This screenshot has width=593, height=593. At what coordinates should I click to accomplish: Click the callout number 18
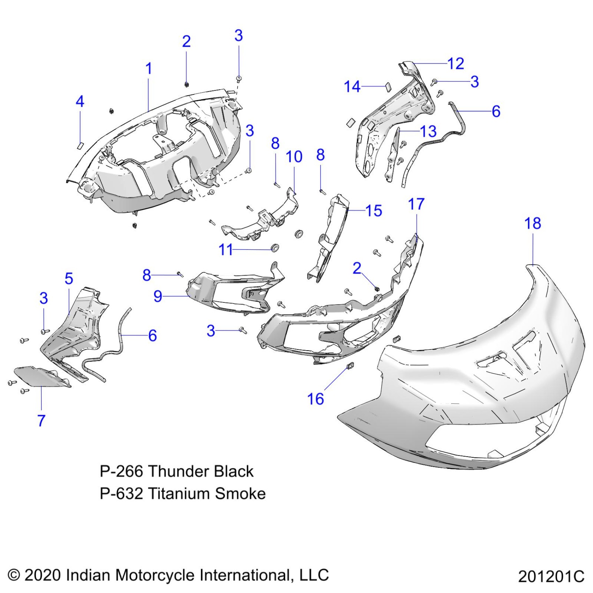click(532, 224)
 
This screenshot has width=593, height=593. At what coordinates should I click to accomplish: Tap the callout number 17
click(416, 204)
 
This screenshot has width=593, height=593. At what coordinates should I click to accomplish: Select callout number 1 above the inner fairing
click(149, 68)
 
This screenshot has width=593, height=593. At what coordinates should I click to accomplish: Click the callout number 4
click(80, 102)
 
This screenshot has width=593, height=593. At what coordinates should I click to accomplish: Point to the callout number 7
click(41, 420)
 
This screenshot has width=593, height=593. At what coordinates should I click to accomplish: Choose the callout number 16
click(315, 399)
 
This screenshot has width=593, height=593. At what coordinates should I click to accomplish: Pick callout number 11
click(225, 250)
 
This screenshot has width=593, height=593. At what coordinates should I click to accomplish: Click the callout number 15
click(374, 211)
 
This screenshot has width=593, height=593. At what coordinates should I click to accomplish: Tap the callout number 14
click(352, 87)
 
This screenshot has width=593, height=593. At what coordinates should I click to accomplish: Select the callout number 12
click(456, 64)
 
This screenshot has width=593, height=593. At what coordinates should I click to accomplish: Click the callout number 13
click(428, 132)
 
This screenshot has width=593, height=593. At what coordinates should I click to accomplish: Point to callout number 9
click(158, 296)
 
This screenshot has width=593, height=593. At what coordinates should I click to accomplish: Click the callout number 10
click(294, 157)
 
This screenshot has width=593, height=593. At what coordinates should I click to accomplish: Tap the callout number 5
click(69, 279)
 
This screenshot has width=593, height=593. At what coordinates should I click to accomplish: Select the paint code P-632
click(121, 494)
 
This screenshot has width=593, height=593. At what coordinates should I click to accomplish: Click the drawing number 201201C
click(551, 577)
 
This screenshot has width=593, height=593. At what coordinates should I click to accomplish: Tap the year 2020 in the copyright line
click(43, 575)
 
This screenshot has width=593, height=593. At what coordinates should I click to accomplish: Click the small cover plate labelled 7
click(40, 377)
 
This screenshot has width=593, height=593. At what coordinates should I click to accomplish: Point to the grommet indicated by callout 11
click(275, 248)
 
